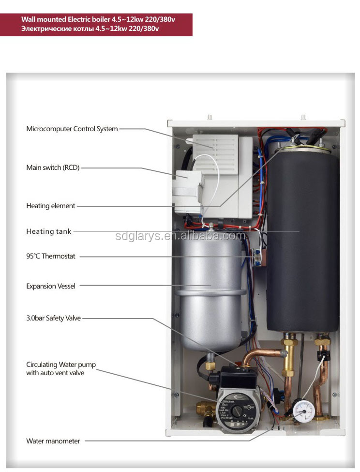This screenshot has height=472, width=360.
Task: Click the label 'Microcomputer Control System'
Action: pyautogui.click(x=72, y=129)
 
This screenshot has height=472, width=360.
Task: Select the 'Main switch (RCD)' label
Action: pyautogui.click(x=53, y=167)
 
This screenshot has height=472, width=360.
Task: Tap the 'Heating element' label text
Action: pyautogui.click(x=51, y=206)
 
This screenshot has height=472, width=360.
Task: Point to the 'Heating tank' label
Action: pyautogui.click(x=49, y=231)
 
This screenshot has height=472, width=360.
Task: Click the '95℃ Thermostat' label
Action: pyautogui.click(x=51, y=256)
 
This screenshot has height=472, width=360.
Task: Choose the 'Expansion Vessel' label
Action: pyautogui.click(x=51, y=286)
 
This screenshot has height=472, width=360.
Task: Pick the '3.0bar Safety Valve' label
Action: pyautogui.click(x=53, y=318)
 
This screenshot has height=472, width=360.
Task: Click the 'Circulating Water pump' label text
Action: pyautogui.click(x=56, y=364)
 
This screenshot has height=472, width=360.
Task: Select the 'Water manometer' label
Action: pyautogui.click(x=53, y=441)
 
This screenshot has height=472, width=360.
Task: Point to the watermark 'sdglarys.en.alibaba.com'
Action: pyautogui.click(x=180, y=236)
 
